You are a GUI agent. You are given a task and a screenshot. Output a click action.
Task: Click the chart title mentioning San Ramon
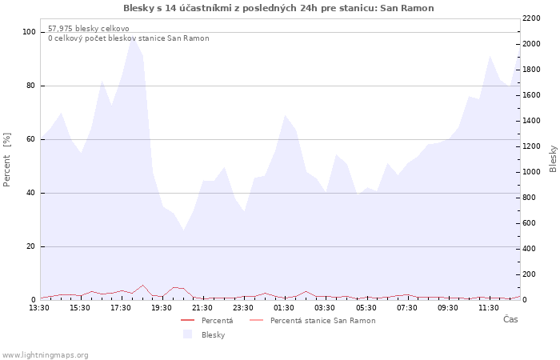tap(278, 8)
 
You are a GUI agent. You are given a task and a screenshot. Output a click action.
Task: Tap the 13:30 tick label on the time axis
tap(39, 308)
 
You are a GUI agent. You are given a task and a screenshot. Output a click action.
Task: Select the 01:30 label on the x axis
tap(284, 308)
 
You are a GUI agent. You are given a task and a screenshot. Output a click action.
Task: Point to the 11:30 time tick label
tap(489, 308)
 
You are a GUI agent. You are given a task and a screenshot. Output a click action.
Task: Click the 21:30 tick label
tap(202, 308)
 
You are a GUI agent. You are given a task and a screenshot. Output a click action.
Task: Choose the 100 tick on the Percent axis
tap(29, 32)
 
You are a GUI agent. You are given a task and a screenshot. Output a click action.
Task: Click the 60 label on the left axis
tap(30, 139)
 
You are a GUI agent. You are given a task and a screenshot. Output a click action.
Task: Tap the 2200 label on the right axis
tap(531, 18)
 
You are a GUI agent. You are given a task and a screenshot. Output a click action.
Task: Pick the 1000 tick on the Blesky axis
tap(531, 172)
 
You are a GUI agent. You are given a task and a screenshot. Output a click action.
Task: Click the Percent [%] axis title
tap(6, 160)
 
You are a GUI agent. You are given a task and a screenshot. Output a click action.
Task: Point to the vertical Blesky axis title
tap(553, 158)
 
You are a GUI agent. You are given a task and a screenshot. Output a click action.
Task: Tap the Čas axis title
tap(510, 319)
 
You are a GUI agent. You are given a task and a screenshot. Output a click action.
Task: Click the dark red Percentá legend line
tap(187, 320)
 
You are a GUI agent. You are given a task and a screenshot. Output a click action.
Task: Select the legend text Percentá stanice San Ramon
tap(323, 321)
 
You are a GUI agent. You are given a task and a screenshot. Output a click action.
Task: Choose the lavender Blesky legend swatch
tap(187, 334)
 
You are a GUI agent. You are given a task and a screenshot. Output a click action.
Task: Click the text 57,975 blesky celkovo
tap(89, 29)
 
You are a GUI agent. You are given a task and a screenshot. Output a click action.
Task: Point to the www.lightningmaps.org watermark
tap(45, 355)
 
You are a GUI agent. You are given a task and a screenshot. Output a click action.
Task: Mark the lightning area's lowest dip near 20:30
tap(183, 230)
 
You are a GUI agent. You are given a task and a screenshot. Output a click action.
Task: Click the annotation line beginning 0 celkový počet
tap(129, 38)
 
